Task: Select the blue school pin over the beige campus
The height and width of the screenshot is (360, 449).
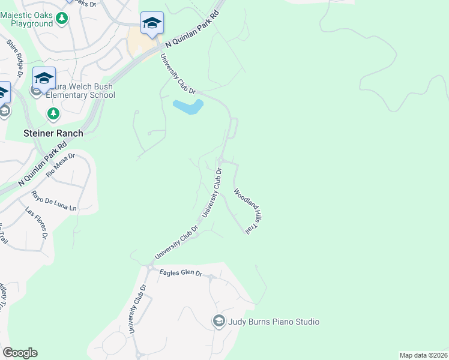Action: click(x=152, y=23)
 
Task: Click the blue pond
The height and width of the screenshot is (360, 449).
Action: click(x=188, y=107)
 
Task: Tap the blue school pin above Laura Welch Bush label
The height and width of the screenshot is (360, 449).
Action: click(x=44, y=77)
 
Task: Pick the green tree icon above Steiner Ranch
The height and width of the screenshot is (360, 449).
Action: click(x=53, y=113)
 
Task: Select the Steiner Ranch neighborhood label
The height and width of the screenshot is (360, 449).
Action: click(x=53, y=133)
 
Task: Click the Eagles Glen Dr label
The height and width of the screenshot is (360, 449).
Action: click(x=181, y=274)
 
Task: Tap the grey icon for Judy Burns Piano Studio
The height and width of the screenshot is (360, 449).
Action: click(x=218, y=322)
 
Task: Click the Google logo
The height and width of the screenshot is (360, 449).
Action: click(x=20, y=353)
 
